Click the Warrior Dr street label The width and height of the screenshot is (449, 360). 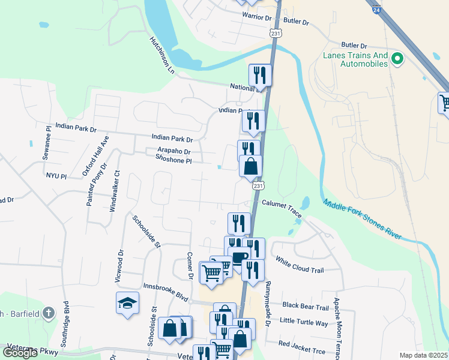click(257, 16)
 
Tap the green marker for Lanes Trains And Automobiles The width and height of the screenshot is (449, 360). click(396, 59)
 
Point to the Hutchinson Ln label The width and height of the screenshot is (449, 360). click(161, 54)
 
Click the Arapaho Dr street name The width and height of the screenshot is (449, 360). click(174, 152)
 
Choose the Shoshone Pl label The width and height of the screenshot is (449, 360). click(173, 160)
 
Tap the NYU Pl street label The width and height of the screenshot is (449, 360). click(55, 176)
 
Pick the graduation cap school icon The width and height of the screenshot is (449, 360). click(128, 302)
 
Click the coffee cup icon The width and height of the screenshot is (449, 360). click(239, 258)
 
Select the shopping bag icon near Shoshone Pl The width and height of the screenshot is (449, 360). click(251, 166)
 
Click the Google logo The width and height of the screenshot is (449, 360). click(20, 353)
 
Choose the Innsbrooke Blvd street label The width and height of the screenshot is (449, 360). click(165, 292)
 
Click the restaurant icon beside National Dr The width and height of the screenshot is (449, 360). click(260, 74)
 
